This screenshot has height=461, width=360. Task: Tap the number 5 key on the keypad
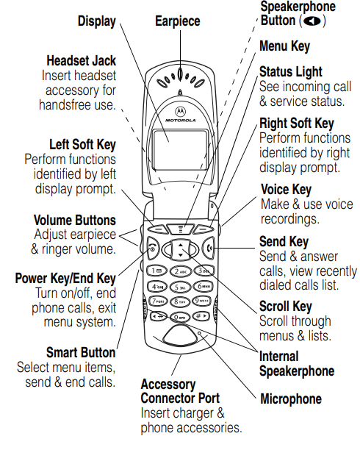180,286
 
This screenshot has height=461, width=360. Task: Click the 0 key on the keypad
181,316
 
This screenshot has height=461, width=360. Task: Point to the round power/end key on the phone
153,249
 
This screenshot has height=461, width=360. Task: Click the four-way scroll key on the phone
181,249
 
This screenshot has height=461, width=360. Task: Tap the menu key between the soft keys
181,227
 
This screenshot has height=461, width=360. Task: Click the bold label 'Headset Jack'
81,60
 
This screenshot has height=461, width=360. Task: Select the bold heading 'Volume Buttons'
75,220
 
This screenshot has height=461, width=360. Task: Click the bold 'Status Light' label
291,71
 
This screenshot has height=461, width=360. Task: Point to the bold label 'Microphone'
291,399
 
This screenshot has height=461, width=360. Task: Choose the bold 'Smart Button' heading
81,352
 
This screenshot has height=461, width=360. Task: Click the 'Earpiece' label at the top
177,21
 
